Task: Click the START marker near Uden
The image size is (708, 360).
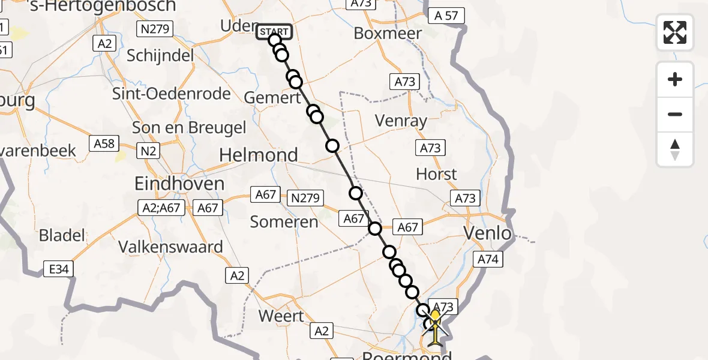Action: point(274,32)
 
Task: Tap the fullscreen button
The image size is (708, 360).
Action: point(675,32)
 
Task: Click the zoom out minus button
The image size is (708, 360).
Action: point(675,114)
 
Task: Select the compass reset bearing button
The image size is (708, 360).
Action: point(675,149)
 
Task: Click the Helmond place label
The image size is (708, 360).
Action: point(259,155)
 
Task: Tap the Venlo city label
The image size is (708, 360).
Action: point(488,233)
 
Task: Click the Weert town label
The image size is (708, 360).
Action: point(282,315)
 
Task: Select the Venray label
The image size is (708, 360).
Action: point(401,121)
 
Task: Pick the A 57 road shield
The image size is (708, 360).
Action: point(446,16)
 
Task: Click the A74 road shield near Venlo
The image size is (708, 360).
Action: point(488,259)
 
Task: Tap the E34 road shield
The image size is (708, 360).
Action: point(58,269)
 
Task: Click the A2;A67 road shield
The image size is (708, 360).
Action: point(162,208)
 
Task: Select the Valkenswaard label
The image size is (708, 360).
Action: point(171,247)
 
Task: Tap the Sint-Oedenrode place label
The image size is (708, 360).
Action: point(172,94)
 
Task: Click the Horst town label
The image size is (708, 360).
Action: point(436,174)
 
